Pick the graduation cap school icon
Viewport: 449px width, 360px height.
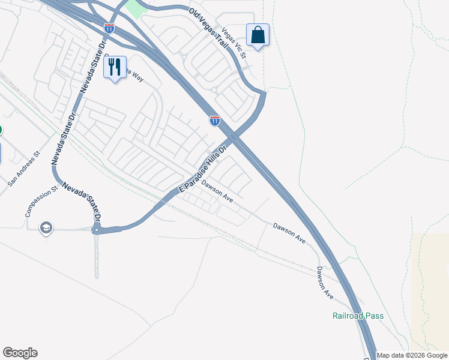point(46,228)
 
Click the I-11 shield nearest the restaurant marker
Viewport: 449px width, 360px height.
point(109,28)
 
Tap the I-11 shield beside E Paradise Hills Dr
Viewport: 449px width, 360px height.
point(215,121)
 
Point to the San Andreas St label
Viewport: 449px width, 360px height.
point(23,168)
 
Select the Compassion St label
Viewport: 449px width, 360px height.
point(41,201)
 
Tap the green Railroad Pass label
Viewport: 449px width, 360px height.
point(358,316)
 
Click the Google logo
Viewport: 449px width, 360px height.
point(20,353)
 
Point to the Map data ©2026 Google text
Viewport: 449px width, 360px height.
point(412,355)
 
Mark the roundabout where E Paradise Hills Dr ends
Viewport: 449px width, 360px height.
point(95,229)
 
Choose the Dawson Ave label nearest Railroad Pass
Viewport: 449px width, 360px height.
point(325,283)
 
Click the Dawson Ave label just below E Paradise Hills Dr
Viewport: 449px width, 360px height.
point(217,192)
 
